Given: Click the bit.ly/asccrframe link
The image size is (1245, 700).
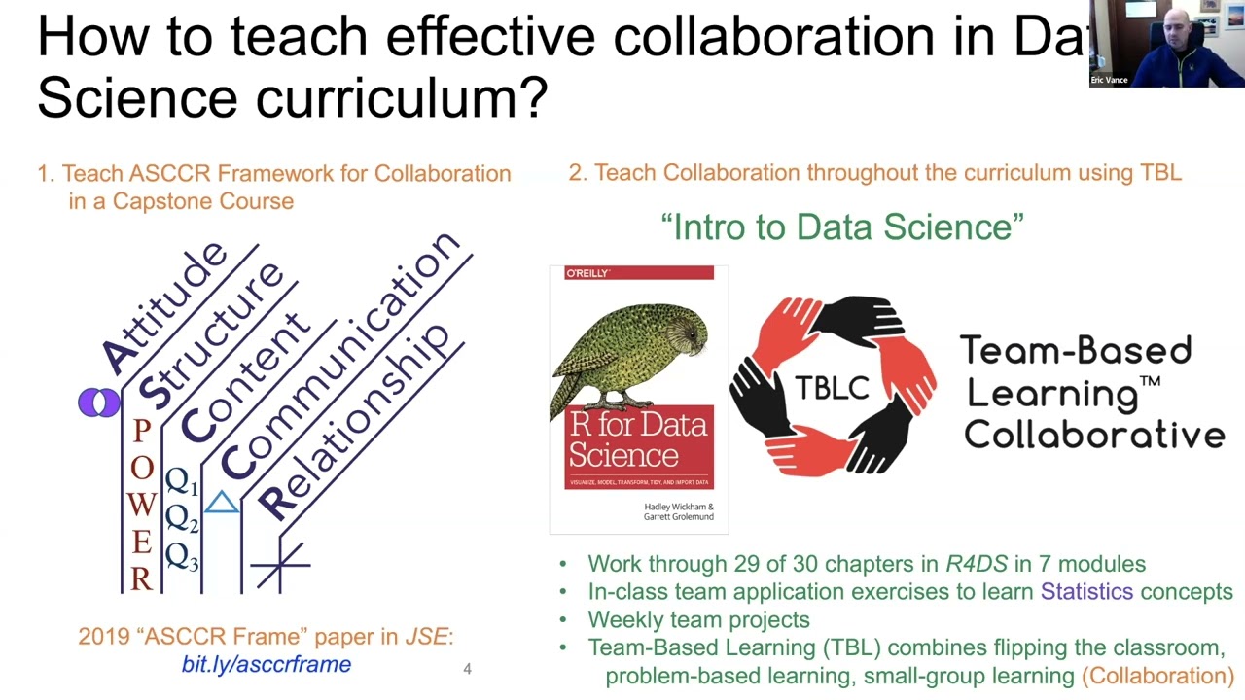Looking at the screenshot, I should tap(266, 665).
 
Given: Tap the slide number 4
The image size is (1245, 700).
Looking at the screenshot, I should tap(468, 669).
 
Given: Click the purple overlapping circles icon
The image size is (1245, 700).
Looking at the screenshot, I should tap(99, 402).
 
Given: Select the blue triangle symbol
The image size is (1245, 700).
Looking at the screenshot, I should tap(222, 503).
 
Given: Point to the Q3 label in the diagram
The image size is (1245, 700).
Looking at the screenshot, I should tap(182, 557).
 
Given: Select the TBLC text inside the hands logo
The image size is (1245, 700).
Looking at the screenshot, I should tap(832, 388).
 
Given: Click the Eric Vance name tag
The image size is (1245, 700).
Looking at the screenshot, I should tap(1110, 80).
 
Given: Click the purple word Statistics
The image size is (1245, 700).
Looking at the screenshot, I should tap(1086, 591).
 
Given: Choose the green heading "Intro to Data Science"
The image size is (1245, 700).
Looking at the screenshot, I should tap(842, 227).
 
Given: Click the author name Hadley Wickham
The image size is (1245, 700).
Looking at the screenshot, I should tap(678, 507).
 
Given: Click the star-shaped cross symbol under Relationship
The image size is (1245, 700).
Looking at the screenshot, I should tap(280, 564).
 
